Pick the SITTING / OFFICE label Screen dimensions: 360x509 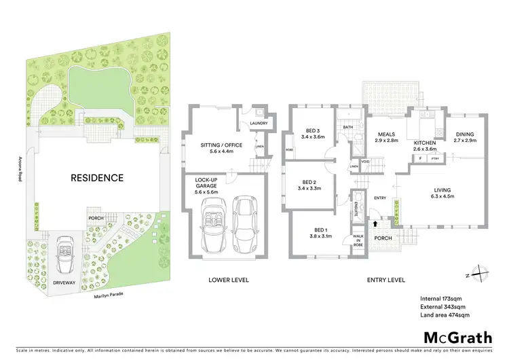[217, 145]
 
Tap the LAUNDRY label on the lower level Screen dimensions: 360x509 [259, 123]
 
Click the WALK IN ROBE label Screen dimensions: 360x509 [358, 240]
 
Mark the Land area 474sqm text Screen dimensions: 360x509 [445, 314]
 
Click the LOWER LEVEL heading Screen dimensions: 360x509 [228, 280]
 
